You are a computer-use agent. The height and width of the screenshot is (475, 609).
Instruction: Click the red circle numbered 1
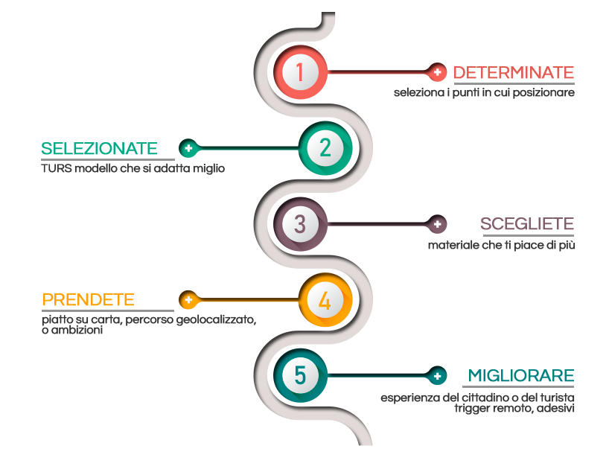(301, 73)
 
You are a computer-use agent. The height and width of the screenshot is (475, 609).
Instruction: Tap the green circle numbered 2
(325, 148)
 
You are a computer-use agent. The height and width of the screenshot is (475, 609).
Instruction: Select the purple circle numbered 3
(300, 223)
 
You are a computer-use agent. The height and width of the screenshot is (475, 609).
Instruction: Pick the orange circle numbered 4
(325, 301)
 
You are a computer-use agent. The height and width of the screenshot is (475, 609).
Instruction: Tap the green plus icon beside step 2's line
(188, 148)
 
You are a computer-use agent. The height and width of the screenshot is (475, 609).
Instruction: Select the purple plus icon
(438, 223)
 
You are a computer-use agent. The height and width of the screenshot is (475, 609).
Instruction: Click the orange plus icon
(188, 300)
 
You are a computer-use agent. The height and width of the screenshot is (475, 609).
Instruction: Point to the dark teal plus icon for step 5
(438, 376)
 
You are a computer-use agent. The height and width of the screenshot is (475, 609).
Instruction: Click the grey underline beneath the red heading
(513, 83)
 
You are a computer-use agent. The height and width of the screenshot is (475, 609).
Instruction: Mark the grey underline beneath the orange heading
(104, 310)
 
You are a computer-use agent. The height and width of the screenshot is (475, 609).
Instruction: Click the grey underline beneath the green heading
(108, 159)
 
